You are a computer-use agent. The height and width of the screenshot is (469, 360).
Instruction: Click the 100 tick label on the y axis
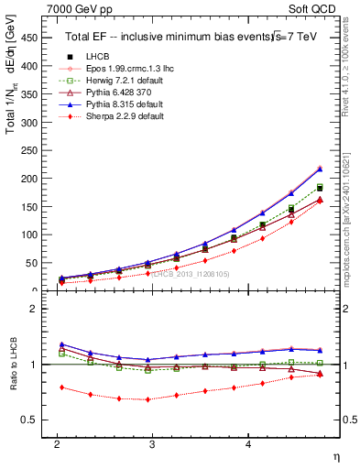coord(29,234)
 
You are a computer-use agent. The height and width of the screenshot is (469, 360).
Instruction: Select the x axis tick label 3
coord(152,443)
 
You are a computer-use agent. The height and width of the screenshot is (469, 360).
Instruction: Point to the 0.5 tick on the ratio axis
coord(29,420)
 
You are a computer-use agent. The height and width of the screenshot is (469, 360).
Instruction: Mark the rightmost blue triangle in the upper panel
coord(320,169)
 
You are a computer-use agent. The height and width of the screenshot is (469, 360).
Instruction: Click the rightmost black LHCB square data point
coord(320,187)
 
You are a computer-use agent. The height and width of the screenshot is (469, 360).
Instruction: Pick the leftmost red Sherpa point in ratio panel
coord(61,387)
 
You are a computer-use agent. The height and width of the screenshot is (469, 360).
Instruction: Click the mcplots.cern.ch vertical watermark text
coord(351,211)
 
